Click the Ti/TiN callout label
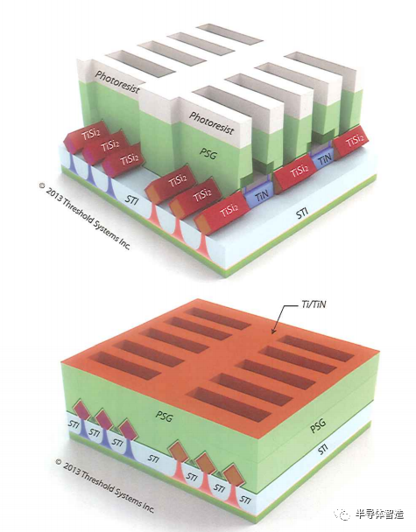click(x=314, y=304)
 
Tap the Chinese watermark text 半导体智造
click(x=379, y=514)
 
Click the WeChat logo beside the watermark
click(x=342, y=514)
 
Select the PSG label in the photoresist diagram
click(x=208, y=154)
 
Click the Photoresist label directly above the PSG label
click(x=211, y=123)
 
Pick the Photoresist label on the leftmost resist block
click(x=117, y=81)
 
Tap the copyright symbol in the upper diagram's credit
click(x=42, y=185)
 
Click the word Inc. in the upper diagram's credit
click(x=123, y=244)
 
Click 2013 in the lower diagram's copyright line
click(x=71, y=467)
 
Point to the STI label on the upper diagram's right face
click(x=302, y=213)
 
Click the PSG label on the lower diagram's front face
click(x=164, y=416)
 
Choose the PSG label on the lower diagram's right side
click(x=318, y=424)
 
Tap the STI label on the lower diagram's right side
click(x=323, y=449)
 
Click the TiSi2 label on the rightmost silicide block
click(x=355, y=140)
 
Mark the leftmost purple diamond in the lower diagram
click(x=81, y=409)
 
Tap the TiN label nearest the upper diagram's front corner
click(x=262, y=196)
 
